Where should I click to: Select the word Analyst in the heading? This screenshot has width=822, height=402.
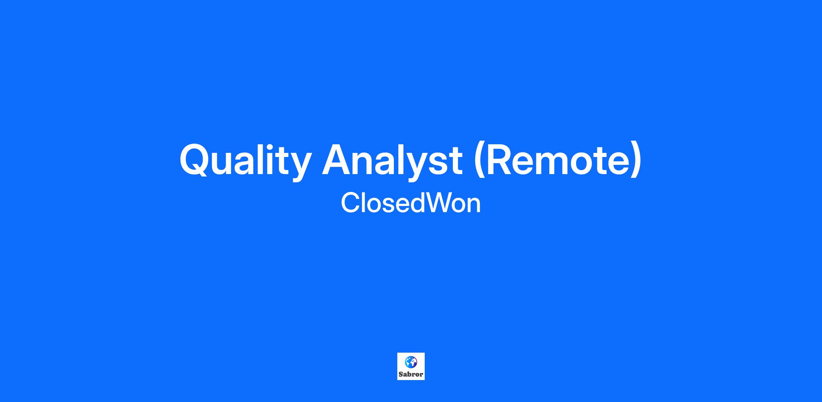coord(392,159)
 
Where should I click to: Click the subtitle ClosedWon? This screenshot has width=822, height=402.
coord(411,203)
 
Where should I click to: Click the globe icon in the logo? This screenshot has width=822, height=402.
coord(411,362)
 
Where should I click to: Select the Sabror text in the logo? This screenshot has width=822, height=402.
coord(411,374)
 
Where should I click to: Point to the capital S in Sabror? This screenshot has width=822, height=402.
coord(401,374)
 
